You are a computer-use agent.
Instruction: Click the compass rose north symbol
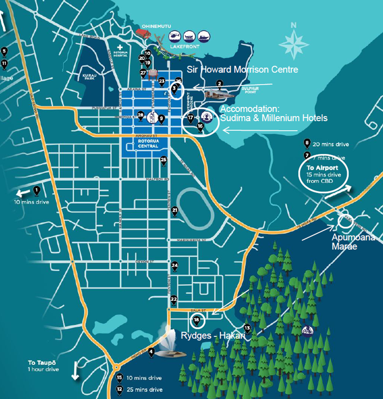[x=294, y=41]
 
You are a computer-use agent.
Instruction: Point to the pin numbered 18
[x=196, y=320]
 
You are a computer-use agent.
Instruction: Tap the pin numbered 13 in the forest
[x=247, y=328]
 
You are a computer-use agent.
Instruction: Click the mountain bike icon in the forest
[x=307, y=330]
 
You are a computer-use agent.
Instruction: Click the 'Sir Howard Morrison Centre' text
[x=242, y=69]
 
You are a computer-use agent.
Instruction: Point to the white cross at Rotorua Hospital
[x=119, y=47]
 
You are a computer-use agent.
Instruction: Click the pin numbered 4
[x=151, y=352]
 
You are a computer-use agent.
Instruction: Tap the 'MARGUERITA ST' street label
[x=192, y=240]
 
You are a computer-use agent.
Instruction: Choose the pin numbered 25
[x=164, y=159]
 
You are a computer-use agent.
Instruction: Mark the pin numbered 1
[x=36, y=190]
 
